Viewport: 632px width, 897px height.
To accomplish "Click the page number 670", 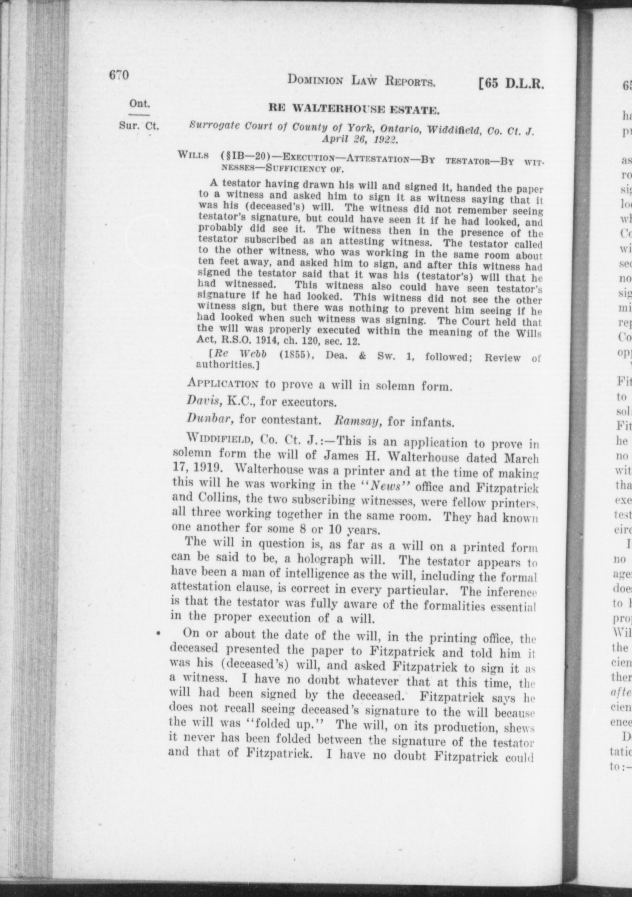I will pos(119,75).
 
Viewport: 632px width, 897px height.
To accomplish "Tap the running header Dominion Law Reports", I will pos(360,81).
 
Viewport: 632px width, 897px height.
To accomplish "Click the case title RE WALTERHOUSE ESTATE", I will pos(354,110).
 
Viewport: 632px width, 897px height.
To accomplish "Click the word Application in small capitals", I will pos(223,383).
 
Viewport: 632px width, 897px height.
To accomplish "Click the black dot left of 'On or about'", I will pos(158,634).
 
